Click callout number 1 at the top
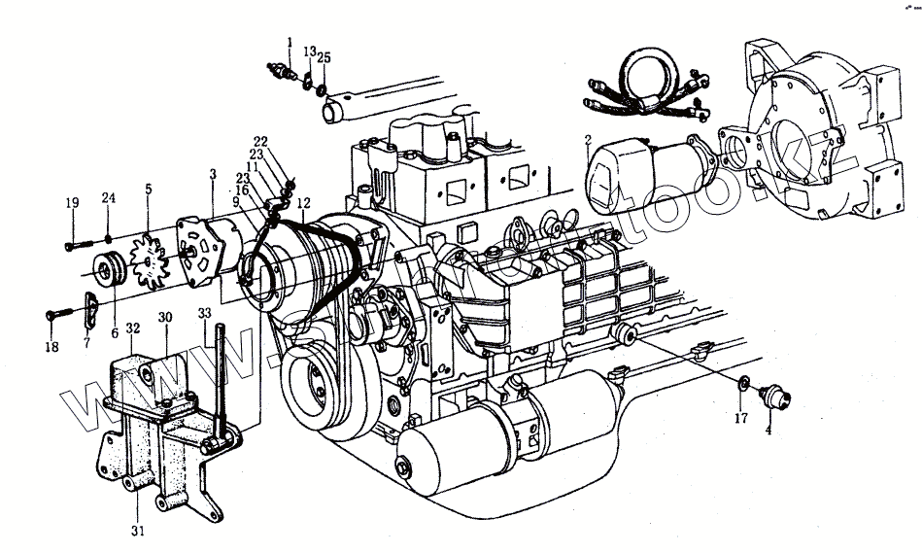point(290,40)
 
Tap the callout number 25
point(324,58)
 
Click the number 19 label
point(72,203)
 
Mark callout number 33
point(203,313)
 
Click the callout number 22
point(260,141)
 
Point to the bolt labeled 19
point(78,243)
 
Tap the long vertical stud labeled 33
point(222,379)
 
